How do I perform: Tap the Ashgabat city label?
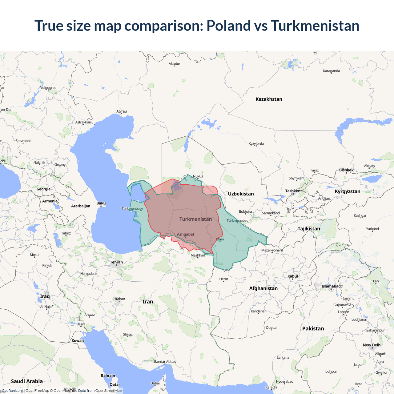click(186, 234)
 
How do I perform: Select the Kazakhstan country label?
click(269, 99)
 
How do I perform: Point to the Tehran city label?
click(116, 262)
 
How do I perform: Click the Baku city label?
click(101, 203)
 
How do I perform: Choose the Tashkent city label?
click(293, 191)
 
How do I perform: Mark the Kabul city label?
click(293, 276)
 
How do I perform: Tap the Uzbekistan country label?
click(241, 194)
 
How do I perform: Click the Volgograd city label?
click(48, 88)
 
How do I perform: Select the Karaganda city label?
click(332, 71)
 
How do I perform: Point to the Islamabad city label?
click(331, 286)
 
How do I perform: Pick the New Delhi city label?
click(372, 345)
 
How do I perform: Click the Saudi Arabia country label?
click(27, 381)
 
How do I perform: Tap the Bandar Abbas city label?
click(165, 362)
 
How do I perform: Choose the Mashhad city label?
click(198, 255)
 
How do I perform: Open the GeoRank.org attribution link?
click(12, 391)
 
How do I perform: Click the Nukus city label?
click(198, 176)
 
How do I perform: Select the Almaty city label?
click(369, 166)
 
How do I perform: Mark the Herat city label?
click(224, 279)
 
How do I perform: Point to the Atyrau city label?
click(122, 111)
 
